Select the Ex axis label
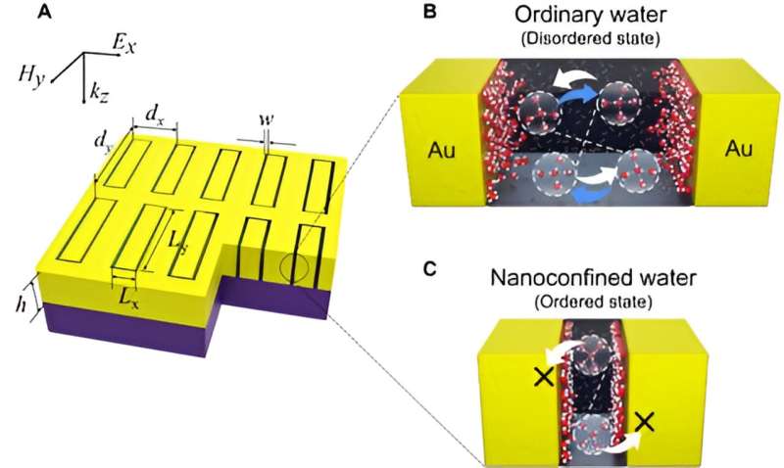pyautogui.click(x=122, y=45)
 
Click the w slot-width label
pyautogui.click(x=266, y=124)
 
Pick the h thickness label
pyautogui.click(x=21, y=302)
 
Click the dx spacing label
pyautogui.click(x=155, y=115)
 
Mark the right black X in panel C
pyautogui.click(x=643, y=422)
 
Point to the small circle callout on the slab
pyautogui.click(x=295, y=266)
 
